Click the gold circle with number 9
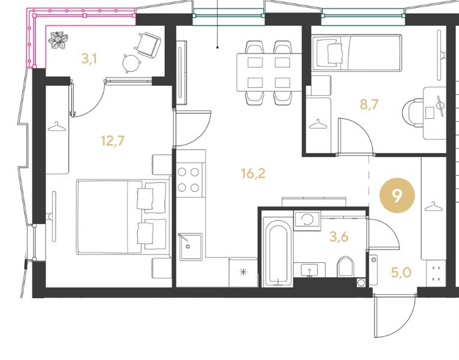(x=397, y=195)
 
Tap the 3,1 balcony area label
(x=89, y=59)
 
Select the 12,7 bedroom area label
(x=112, y=141)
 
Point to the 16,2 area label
(x=253, y=173)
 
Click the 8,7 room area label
(x=369, y=104)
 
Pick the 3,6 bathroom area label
(x=338, y=237)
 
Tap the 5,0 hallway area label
(x=401, y=272)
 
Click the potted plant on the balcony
(x=58, y=40)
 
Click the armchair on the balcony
(x=148, y=44)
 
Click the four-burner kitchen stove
(x=188, y=180)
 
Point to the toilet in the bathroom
(x=346, y=266)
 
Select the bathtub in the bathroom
(x=278, y=253)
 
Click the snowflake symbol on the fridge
(x=243, y=272)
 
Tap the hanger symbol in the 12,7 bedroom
(x=57, y=127)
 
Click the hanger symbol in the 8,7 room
(x=318, y=124)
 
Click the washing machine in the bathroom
(x=307, y=219)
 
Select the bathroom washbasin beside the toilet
(x=310, y=269)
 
